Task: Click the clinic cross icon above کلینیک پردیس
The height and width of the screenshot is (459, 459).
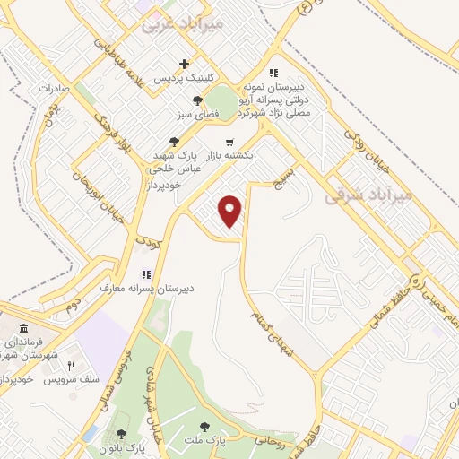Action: (x=185, y=64)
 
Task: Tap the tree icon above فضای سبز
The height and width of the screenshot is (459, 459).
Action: (x=197, y=100)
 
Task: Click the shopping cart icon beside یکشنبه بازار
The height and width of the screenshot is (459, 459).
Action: (x=230, y=142)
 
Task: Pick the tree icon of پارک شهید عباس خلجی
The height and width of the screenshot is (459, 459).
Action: (x=174, y=141)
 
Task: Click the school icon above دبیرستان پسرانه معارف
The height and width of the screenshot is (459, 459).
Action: (x=145, y=273)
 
